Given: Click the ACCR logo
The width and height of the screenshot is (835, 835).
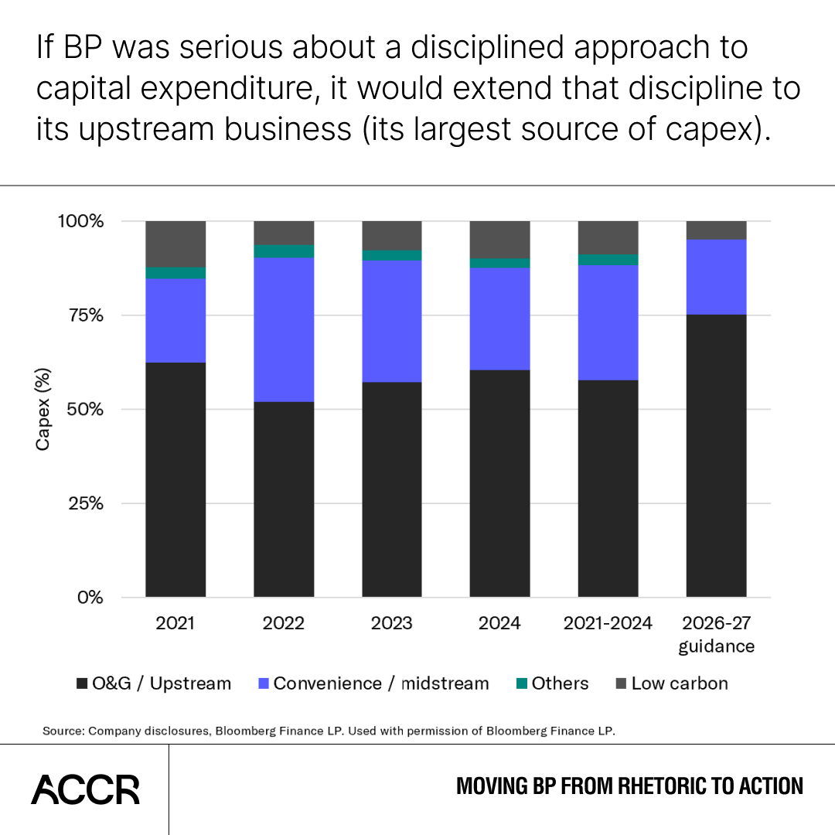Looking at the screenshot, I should (85, 789).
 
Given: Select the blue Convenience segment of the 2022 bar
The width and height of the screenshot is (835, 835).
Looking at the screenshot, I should (284, 329).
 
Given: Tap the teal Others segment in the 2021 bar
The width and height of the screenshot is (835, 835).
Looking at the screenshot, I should (176, 273).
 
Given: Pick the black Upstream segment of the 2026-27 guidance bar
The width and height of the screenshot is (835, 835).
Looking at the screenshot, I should (716, 456).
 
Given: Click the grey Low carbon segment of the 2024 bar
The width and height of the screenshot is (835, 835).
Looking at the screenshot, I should (499, 239).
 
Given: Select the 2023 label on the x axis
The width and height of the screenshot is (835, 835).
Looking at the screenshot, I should (392, 623).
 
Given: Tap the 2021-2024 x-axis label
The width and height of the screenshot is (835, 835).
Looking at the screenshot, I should (608, 623).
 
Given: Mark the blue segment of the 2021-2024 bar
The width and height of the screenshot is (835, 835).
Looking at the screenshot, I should (608, 322).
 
